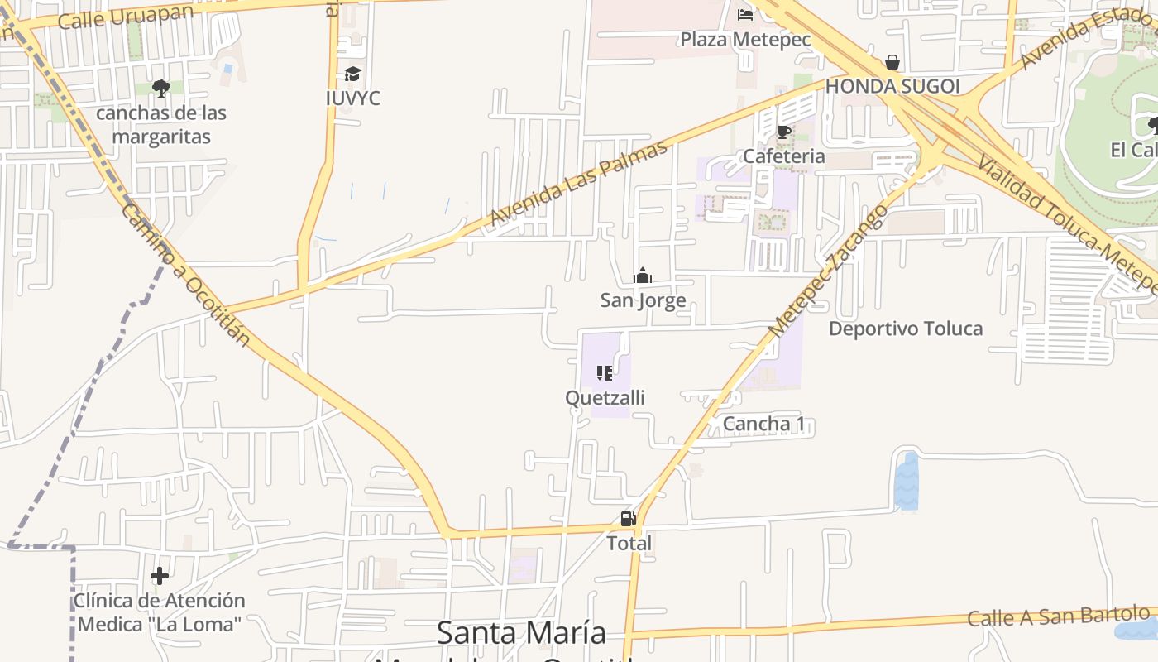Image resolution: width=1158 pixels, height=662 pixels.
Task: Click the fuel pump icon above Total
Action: click(628, 520)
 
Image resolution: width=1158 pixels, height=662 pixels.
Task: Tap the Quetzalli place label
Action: click(605, 398)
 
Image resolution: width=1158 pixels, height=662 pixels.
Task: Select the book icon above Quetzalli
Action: click(605, 373)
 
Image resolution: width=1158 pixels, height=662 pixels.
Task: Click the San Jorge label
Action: click(643, 300)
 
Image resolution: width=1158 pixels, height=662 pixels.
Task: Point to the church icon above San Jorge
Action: click(643, 276)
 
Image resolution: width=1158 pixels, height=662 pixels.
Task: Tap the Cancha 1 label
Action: click(763, 425)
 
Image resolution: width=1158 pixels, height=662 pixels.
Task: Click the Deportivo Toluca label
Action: click(906, 329)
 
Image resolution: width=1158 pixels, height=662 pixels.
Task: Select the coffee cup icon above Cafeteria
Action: click(783, 132)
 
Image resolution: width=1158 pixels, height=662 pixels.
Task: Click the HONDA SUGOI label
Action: click(892, 86)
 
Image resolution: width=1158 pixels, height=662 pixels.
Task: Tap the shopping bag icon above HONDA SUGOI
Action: click(892, 62)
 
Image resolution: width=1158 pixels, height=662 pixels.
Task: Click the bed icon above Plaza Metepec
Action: click(745, 14)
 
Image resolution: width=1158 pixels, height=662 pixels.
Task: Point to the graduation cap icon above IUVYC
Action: click(353, 74)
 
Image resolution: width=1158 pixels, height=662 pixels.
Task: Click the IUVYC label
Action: click(353, 98)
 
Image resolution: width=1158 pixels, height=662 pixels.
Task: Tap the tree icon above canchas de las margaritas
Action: click(161, 88)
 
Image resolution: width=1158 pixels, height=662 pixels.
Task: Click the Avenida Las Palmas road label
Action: click(578, 183)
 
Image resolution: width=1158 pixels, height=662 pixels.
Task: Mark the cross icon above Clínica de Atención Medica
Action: click(160, 576)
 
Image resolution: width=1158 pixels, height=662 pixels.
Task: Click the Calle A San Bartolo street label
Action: click(1059, 616)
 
